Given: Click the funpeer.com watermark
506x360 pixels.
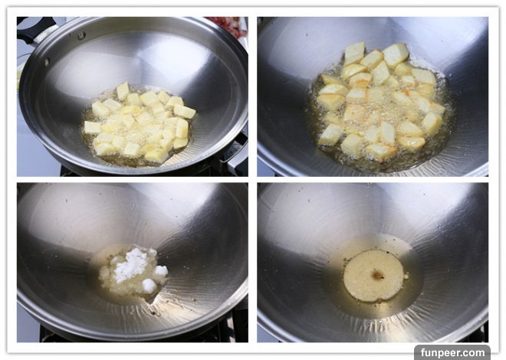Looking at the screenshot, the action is [452, 352].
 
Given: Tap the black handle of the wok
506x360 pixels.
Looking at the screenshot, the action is [34, 28].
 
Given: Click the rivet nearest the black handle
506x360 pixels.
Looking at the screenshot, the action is [80, 35].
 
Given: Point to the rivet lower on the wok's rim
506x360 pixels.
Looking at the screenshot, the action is [47, 62].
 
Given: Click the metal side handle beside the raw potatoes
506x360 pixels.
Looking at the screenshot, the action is [237, 152].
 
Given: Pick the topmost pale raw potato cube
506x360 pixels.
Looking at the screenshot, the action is [123, 91].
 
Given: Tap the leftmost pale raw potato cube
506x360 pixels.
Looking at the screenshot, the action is [92, 128].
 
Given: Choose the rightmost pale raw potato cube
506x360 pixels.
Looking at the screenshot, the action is [185, 112].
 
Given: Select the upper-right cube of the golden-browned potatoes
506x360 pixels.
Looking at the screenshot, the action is [396, 54].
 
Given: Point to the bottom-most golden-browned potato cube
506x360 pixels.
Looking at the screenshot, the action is [382, 152].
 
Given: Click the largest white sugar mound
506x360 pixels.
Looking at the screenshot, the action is [130, 264].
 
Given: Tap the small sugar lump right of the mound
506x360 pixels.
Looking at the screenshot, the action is [161, 270].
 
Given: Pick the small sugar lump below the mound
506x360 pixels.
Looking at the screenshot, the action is [149, 286].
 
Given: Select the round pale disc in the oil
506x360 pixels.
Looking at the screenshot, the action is [373, 275].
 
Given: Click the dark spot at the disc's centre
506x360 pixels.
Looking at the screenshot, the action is [377, 275].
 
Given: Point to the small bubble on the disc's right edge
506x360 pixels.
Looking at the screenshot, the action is [406, 276].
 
